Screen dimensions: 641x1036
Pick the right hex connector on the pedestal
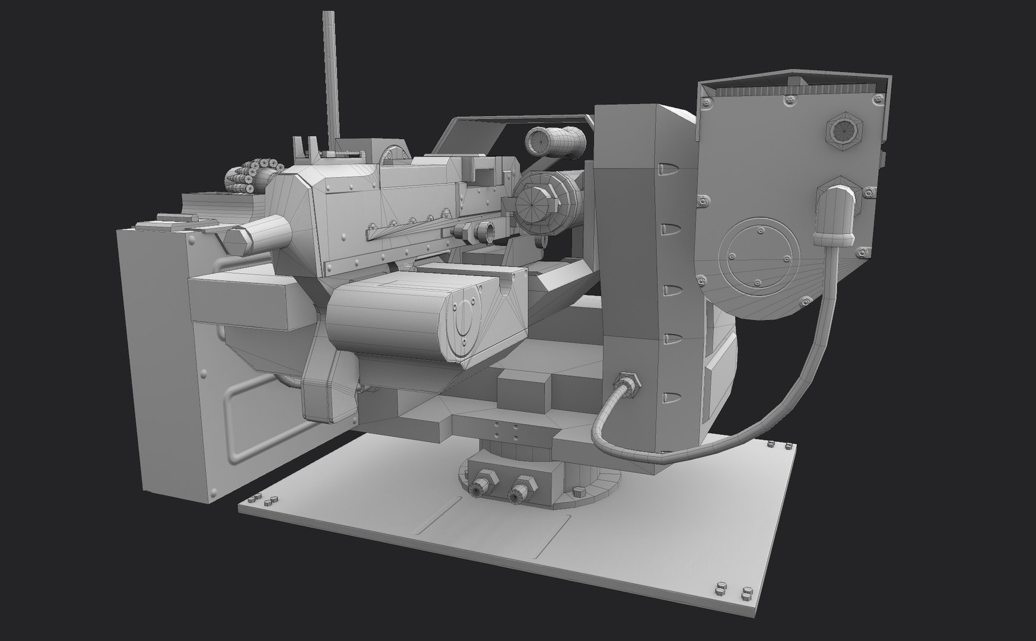tap(522, 489)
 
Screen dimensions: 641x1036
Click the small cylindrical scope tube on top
tap(555, 141)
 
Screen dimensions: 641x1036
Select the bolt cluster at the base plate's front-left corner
tap(265, 500)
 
